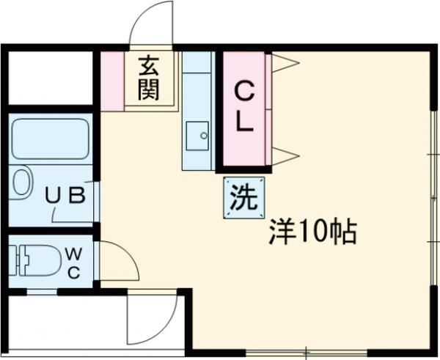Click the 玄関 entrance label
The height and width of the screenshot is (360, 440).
click(x=150, y=79)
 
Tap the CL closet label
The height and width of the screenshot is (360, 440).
click(x=245, y=106)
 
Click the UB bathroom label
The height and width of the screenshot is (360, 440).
click(x=67, y=196)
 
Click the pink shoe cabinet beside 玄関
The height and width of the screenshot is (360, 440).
click(x=112, y=81)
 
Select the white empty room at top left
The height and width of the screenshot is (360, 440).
click(x=51, y=77)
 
